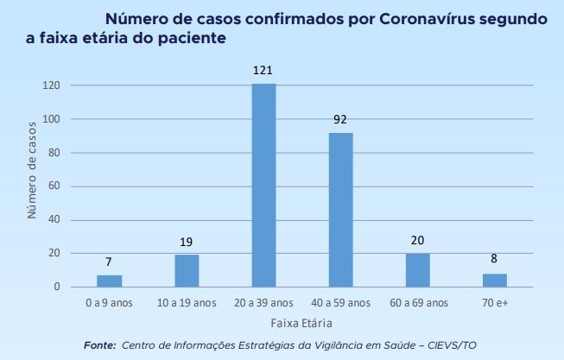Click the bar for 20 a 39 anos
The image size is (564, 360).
click(263, 185)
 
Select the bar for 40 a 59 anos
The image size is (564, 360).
click(340, 209)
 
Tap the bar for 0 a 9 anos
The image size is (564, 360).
click(109, 281)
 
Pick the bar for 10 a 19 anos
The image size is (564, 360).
click(187, 270)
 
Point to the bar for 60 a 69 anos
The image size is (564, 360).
click(417, 269)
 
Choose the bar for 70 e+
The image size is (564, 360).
click(495, 280)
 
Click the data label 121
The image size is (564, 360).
click(263, 68)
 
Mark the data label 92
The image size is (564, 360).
click(340, 118)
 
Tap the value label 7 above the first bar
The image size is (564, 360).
click(109, 261)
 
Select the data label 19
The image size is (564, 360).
click(187, 241)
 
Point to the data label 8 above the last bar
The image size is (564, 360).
click(495, 259)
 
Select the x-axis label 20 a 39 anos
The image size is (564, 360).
click(263, 303)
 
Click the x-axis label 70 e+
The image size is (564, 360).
click(495, 303)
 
